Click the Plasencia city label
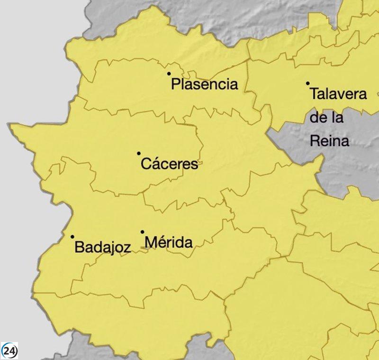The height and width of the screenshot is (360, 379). pos(205,85)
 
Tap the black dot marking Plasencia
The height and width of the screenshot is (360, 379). pos(169,74)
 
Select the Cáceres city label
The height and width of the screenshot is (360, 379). pos(170,165)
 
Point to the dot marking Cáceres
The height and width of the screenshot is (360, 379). pos(139,153)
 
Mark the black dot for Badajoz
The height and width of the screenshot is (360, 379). pos(72,237)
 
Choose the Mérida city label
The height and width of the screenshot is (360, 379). pos(169,243)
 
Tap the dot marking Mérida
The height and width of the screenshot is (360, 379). pos(143,232)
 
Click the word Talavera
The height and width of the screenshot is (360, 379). pos(338,94)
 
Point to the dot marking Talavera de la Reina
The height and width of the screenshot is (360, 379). pos(307,83)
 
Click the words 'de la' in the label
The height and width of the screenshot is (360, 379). pos(326,117)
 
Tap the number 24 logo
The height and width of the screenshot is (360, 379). pos(9,351)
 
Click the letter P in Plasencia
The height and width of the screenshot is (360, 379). pos(175,85)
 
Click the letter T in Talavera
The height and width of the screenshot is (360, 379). pos(314,94)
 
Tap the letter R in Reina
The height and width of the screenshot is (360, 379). pos(315,141)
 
